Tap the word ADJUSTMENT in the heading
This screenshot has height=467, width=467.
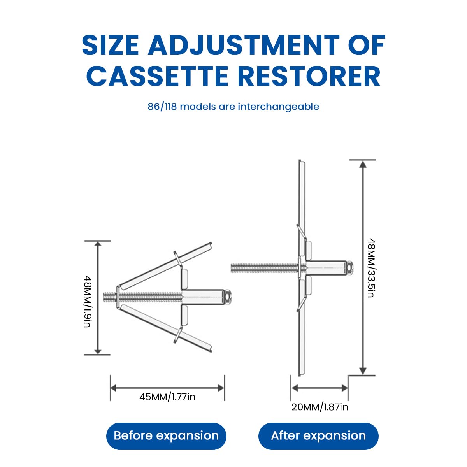tap(243, 45)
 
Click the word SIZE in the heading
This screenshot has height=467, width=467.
tap(111, 45)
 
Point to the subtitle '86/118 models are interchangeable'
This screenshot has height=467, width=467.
tap(233, 106)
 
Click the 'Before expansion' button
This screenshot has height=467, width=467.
tap(166, 436)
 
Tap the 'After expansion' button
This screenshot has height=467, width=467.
tap(318, 436)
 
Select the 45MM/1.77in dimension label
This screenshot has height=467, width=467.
tap(167, 397)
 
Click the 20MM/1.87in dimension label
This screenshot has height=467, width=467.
tap(320, 407)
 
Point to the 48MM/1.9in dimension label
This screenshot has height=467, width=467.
tap(88, 301)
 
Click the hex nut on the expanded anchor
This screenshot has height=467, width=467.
tap(349, 267)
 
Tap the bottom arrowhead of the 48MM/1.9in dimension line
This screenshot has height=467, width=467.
tap(98, 351)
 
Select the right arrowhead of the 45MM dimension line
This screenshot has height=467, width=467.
tap(221, 388)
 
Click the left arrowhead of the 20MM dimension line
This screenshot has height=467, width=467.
tap(295, 388)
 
